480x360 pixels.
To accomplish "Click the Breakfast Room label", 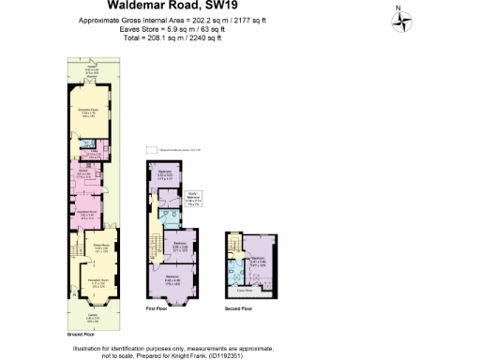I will pyautogui.click(x=87, y=214).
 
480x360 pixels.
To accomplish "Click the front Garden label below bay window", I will pyautogui.click(x=92, y=318).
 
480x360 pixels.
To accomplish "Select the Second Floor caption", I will pyautogui.click(x=240, y=307).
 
